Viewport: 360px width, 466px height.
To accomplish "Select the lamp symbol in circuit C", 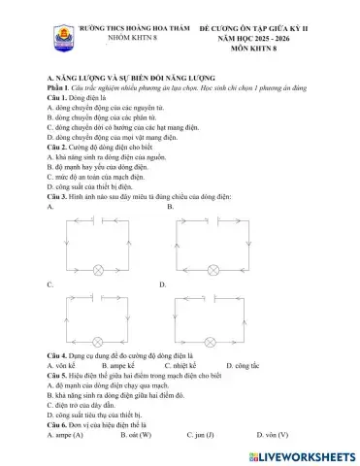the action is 97,342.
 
